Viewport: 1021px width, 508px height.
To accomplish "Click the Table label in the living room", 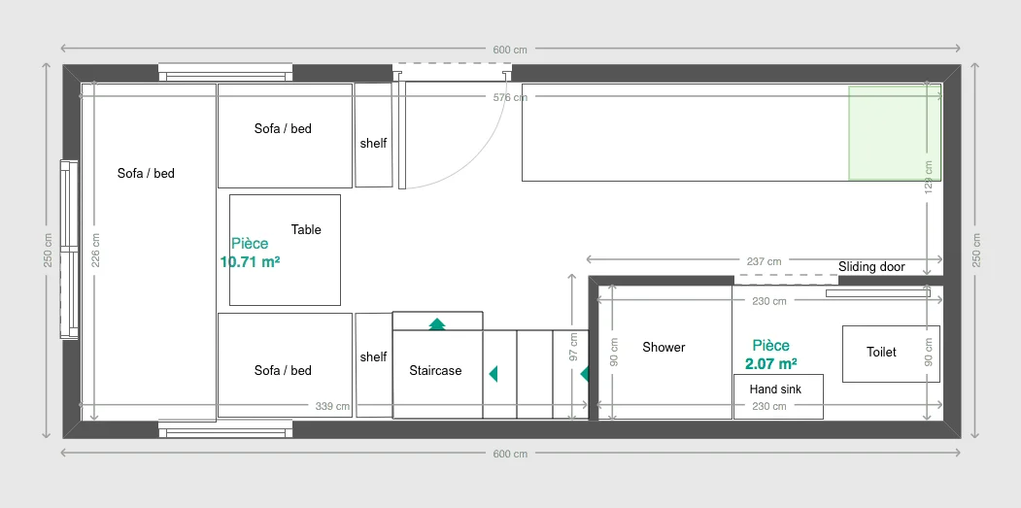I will [306, 230].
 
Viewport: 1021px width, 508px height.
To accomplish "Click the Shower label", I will [664, 347].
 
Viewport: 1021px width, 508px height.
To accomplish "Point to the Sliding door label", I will [871, 267].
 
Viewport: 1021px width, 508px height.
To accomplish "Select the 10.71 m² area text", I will [250, 261].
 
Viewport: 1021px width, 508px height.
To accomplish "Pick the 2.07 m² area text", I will [771, 364].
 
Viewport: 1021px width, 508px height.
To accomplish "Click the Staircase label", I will [435, 370].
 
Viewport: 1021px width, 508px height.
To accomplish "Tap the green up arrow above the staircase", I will [437, 323].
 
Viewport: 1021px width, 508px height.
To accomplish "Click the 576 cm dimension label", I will [510, 97].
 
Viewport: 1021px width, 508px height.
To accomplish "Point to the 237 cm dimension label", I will [764, 261].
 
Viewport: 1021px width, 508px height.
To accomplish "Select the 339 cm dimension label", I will [332, 406].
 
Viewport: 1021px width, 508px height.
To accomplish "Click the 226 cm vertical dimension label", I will [95, 251].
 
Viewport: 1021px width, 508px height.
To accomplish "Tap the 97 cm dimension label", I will [573, 347].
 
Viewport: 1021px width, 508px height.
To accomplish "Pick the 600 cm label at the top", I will [510, 50].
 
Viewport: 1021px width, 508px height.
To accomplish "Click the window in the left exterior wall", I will [69, 250].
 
